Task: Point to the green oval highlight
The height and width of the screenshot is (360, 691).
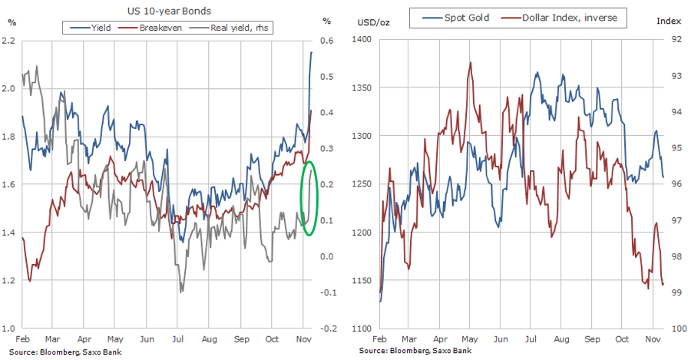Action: [x=309, y=198]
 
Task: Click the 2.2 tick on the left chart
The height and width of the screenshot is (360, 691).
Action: [x=10, y=40]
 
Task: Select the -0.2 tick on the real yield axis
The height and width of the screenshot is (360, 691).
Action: [x=327, y=329]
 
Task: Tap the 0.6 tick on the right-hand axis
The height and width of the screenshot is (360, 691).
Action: [x=327, y=40]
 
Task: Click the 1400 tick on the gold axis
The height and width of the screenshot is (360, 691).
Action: [x=360, y=40]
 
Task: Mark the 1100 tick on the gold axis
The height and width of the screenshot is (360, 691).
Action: [x=360, y=329]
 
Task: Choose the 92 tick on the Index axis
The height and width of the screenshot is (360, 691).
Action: [x=676, y=40]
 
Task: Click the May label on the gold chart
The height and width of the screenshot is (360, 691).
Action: [x=469, y=338]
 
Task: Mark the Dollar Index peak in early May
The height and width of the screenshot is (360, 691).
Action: [x=469, y=62]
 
